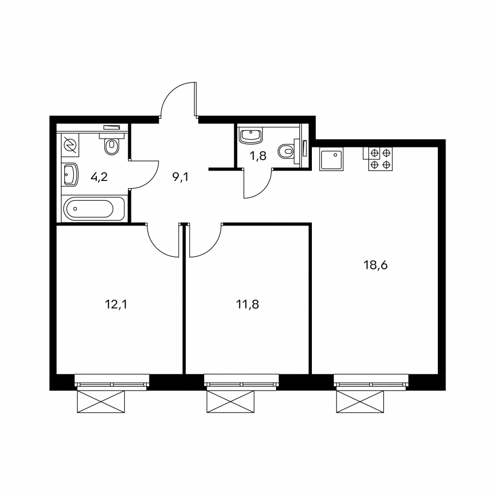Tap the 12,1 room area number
(116, 304)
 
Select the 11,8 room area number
(247, 304)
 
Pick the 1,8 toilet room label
(258, 155)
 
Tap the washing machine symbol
(70, 146)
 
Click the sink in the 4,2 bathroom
(70, 175)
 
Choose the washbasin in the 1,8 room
(252, 134)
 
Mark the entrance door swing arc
(177, 99)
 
